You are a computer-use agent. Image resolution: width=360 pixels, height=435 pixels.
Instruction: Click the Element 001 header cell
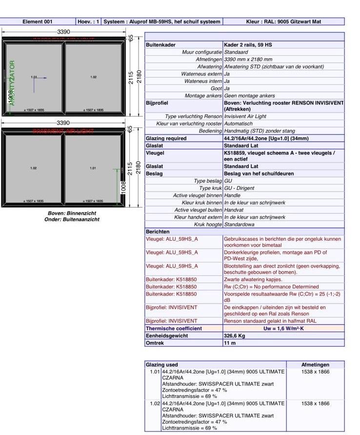pyautogui.click(x=38, y=21)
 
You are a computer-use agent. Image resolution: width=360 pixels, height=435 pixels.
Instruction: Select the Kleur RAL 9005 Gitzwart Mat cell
pyautogui.click(x=284, y=21)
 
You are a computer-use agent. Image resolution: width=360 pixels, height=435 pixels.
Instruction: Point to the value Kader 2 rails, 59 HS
pyautogui.click(x=248, y=45)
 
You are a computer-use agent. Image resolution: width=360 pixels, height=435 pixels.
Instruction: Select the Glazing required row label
pyautogui.click(x=166, y=139)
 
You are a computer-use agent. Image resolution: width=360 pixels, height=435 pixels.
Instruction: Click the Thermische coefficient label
pyautogui.click(x=174, y=329)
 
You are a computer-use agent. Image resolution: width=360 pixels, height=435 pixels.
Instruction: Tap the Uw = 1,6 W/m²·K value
pyautogui.click(x=283, y=329)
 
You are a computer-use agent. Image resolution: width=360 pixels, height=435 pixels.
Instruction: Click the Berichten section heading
pyautogui.click(x=158, y=231)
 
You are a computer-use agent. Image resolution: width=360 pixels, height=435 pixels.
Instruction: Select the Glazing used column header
pyautogui.click(x=162, y=365)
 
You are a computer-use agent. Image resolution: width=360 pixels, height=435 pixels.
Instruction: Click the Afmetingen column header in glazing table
pyautogui.click(x=315, y=365)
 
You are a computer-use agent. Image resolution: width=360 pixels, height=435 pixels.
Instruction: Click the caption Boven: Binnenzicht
pyautogui.click(x=72, y=213)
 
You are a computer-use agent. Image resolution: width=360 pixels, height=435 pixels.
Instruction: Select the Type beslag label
pyautogui.click(x=207, y=181)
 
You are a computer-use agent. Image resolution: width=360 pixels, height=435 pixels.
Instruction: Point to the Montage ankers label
pyautogui.click(x=203, y=96)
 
